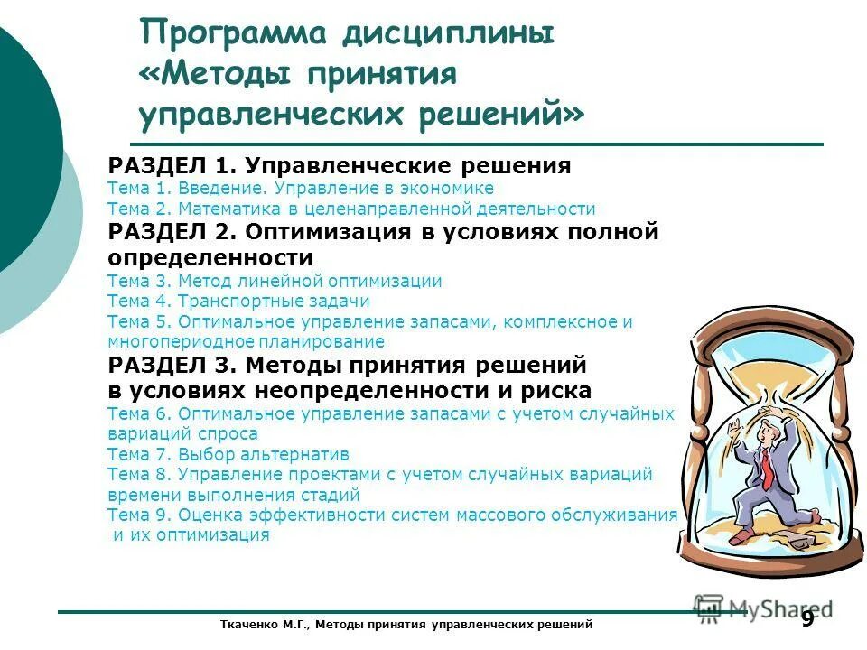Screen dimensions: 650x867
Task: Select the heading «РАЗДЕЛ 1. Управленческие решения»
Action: [339, 166]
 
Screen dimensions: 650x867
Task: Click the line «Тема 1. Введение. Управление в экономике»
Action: [300, 189]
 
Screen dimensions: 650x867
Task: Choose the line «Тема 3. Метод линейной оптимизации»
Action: [275, 281]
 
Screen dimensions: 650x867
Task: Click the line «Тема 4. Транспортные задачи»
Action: [238, 302]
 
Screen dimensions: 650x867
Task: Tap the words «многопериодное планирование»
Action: [246, 342]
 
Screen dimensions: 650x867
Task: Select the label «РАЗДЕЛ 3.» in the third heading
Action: [172, 365]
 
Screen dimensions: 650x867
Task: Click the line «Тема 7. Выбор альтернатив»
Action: [228, 454]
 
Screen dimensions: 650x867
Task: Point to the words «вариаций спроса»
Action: [182, 433]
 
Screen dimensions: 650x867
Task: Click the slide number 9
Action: [806, 619]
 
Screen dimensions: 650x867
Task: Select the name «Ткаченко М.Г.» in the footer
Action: [261, 625]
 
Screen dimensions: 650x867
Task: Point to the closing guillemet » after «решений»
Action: [573, 116]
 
